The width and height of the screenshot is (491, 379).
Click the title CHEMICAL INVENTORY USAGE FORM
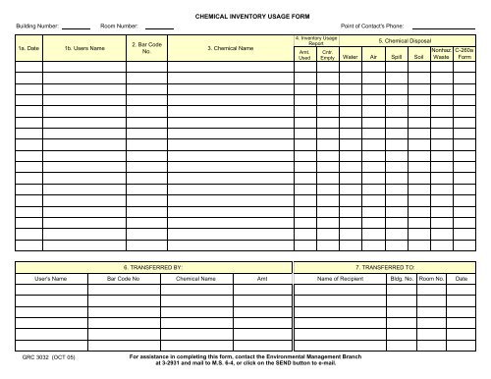point(245,18)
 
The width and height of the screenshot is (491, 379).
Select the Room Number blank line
point(160,27)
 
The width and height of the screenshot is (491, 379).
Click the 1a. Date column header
point(28,47)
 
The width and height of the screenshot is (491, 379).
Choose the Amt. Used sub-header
point(304,55)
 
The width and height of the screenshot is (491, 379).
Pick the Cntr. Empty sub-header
point(327,55)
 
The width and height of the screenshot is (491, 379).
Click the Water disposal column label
point(350,57)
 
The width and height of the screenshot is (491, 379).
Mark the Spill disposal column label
point(397,57)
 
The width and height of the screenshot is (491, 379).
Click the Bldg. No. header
point(401,280)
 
